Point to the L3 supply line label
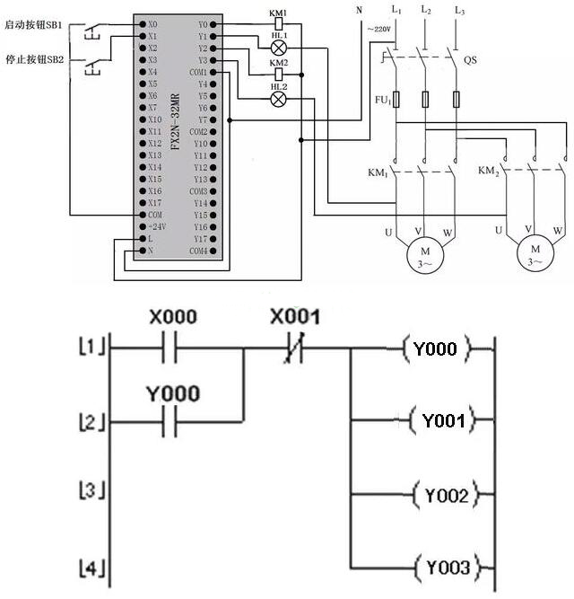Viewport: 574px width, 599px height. (x=460, y=9)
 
